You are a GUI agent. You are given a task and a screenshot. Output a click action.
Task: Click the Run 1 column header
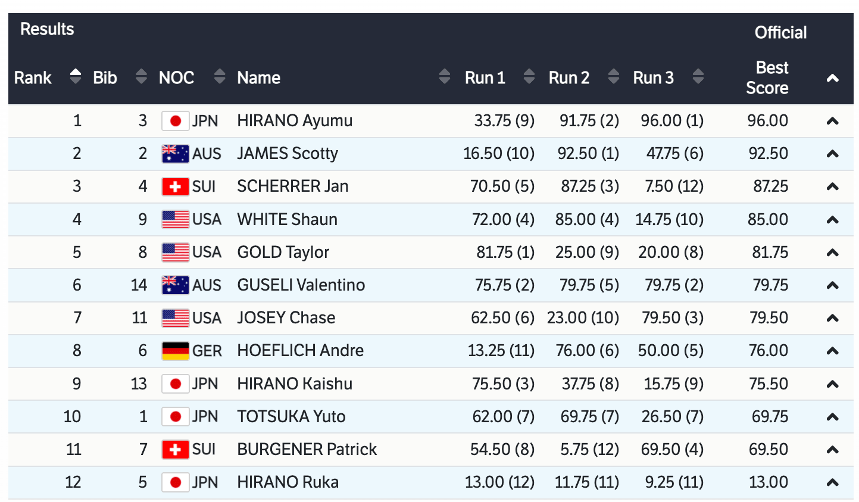pos(485,78)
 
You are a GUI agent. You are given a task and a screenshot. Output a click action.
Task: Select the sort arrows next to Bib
pos(141,77)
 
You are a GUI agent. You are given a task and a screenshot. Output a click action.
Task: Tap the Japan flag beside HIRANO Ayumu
pos(175,121)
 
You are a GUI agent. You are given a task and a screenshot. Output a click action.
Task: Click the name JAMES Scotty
pos(288,154)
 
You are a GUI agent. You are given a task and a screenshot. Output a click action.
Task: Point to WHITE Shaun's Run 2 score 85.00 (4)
pos(587,220)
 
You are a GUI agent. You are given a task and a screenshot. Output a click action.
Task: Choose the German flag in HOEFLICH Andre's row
pos(175,351)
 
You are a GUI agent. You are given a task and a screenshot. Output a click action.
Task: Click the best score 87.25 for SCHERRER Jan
pos(770,186)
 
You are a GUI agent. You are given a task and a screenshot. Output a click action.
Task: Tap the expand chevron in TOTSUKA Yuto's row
pos(832,417)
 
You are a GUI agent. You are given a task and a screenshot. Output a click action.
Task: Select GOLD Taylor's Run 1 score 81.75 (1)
pos(505,252)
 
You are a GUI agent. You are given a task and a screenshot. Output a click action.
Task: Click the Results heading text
pos(47,29)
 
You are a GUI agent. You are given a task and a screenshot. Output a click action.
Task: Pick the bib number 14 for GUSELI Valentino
pos(139,285)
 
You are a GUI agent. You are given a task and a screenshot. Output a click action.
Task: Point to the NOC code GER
pos(207,351)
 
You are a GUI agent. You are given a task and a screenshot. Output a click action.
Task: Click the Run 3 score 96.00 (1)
pos(671,121)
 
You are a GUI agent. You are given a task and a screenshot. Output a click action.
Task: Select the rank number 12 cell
pos(73,482)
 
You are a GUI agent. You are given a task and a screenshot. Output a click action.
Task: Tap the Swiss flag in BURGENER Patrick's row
pos(175,450)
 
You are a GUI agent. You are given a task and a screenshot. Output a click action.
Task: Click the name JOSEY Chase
pos(286,318)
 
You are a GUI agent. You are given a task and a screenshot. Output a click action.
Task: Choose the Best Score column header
pos(767,78)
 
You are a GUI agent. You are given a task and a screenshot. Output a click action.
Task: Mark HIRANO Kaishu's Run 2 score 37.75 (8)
pos(590,384)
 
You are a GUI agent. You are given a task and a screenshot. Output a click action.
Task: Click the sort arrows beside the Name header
pos(444,77)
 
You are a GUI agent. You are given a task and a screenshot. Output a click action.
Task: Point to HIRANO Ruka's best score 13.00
pos(768,482)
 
